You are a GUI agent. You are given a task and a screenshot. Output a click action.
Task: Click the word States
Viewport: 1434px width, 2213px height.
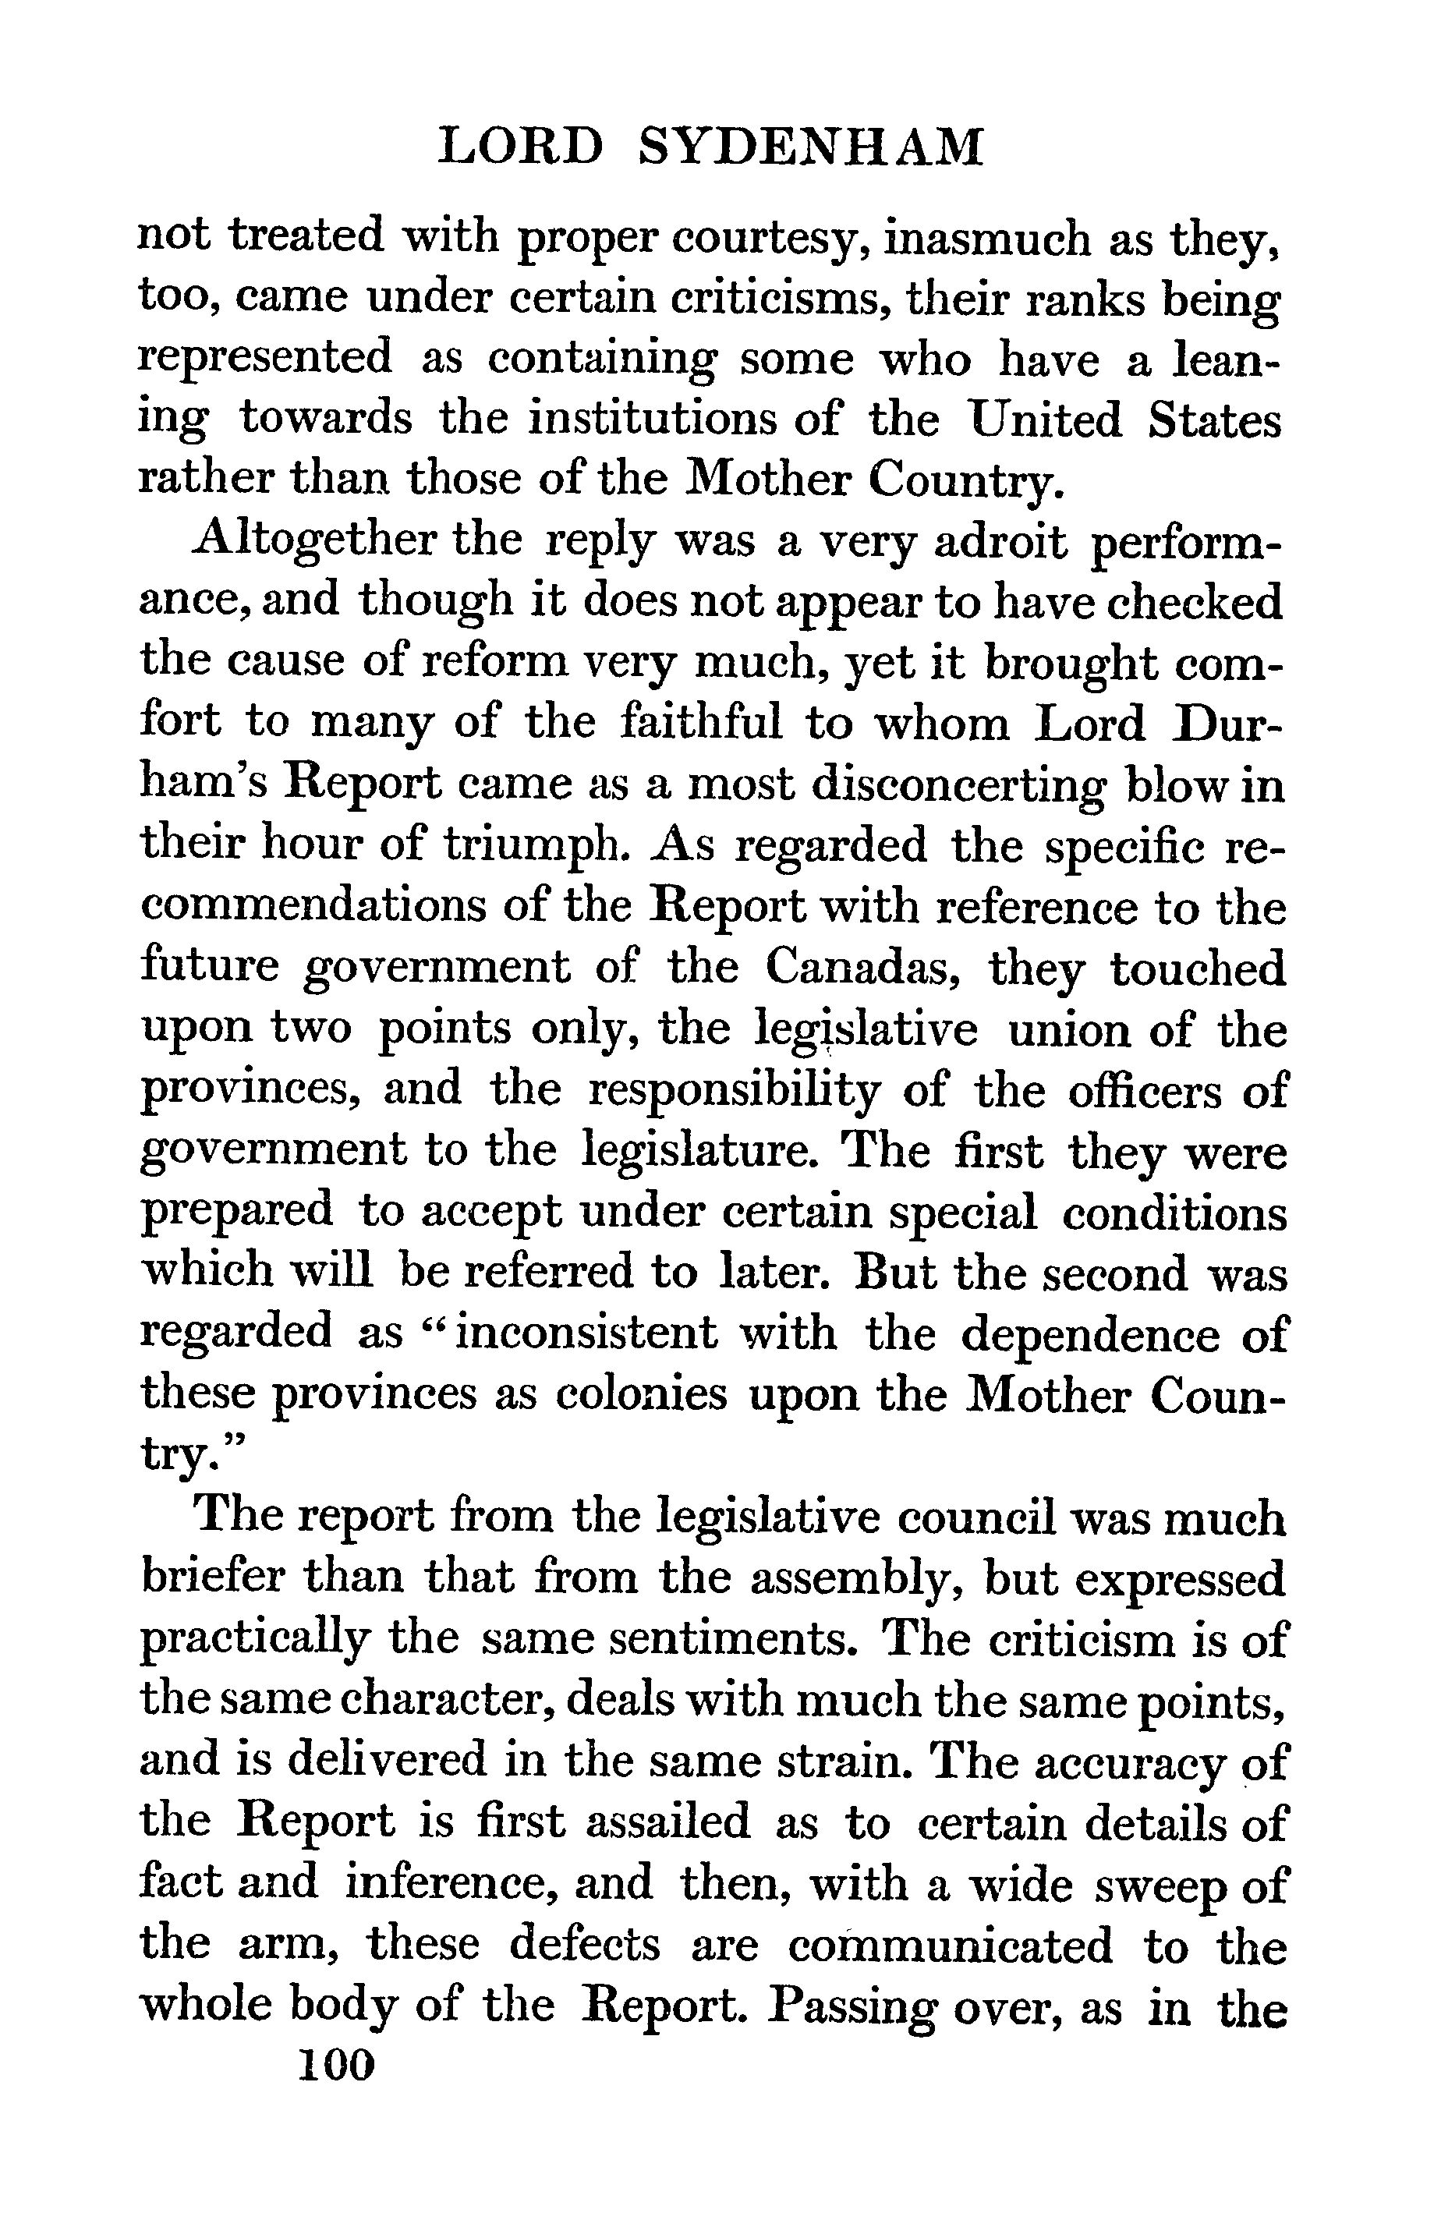pyautogui.click(x=1215, y=420)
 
